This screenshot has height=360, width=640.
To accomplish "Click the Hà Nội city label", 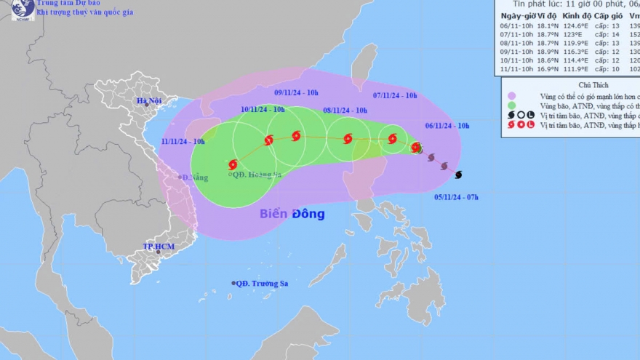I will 151,100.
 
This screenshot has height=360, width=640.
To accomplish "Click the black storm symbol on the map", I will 458,175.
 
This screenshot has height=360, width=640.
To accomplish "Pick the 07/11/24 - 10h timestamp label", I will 395,95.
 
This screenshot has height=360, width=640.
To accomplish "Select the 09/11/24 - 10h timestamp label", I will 297,92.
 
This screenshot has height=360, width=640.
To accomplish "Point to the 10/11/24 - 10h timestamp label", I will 264,109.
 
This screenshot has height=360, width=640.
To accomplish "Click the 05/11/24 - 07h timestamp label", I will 457,196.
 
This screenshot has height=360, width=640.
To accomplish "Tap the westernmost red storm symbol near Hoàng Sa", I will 233,164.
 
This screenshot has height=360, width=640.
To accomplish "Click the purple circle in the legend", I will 512,95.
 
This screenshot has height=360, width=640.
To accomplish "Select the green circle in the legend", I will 512,105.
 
